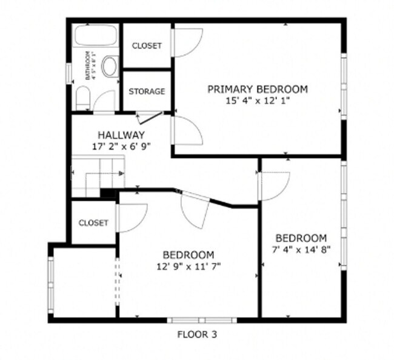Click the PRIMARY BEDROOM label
258,89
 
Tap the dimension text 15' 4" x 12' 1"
258,100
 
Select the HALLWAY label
121,135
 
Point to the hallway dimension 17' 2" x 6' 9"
121,146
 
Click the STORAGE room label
147,92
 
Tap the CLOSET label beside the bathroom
147,46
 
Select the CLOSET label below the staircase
93,223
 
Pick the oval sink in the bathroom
110,67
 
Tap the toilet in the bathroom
84,98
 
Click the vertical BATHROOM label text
89,65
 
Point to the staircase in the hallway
97,176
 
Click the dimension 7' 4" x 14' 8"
301,249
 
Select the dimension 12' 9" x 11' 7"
188,265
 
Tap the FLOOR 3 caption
196,334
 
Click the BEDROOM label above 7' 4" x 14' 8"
301,238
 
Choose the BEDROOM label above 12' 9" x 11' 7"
188,255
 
